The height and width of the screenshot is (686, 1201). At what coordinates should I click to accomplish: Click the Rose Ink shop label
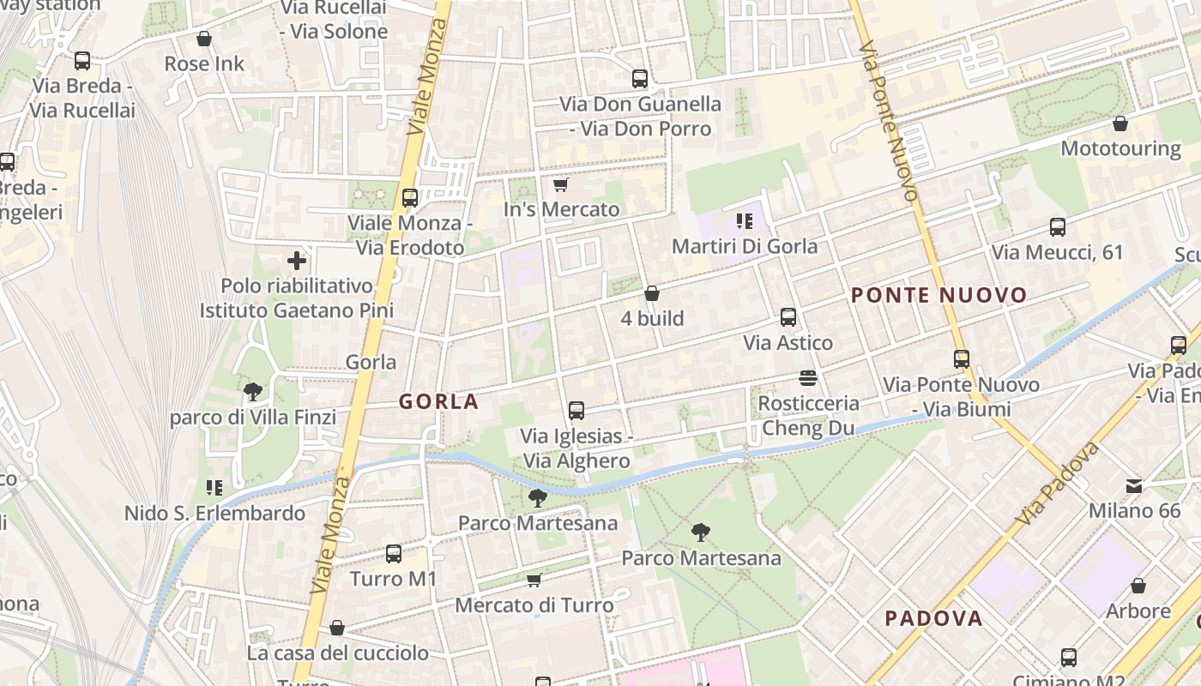(204, 63)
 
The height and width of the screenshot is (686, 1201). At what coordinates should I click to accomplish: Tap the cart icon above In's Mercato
(561, 184)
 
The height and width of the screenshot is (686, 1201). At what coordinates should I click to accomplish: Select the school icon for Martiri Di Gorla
(744, 221)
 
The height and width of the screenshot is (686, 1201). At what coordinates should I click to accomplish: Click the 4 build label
(652, 318)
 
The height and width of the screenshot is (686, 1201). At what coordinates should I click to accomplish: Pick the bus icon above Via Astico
(788, 317)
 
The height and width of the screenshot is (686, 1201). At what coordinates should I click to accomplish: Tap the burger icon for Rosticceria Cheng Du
(807, 377)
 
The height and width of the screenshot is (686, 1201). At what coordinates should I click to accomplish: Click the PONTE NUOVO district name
(938, 296)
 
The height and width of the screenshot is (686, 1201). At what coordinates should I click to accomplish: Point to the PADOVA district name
(933, 618)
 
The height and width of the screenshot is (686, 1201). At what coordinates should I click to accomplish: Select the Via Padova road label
(1057, 484)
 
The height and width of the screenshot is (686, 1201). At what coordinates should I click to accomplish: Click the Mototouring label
(1120, 148)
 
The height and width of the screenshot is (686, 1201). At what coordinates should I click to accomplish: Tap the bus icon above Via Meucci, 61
(1058, 227)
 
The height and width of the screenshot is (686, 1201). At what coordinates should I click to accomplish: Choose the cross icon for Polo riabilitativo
(297, 260)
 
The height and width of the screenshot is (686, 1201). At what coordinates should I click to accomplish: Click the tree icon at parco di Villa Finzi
(253, 392)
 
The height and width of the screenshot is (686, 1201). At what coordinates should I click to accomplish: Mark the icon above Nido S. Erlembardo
(214, 488)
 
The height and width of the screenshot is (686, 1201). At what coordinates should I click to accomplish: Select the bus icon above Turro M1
(394, 554)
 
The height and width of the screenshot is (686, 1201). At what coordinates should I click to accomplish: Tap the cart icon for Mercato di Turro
(534, 581)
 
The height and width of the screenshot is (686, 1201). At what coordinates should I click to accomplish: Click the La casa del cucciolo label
(337, 653)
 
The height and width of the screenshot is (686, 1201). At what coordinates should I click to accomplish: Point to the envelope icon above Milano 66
(1134, 486)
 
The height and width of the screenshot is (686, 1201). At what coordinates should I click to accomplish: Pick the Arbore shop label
(1138, 611)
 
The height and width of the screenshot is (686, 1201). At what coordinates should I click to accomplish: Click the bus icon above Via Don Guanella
(640, 79)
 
